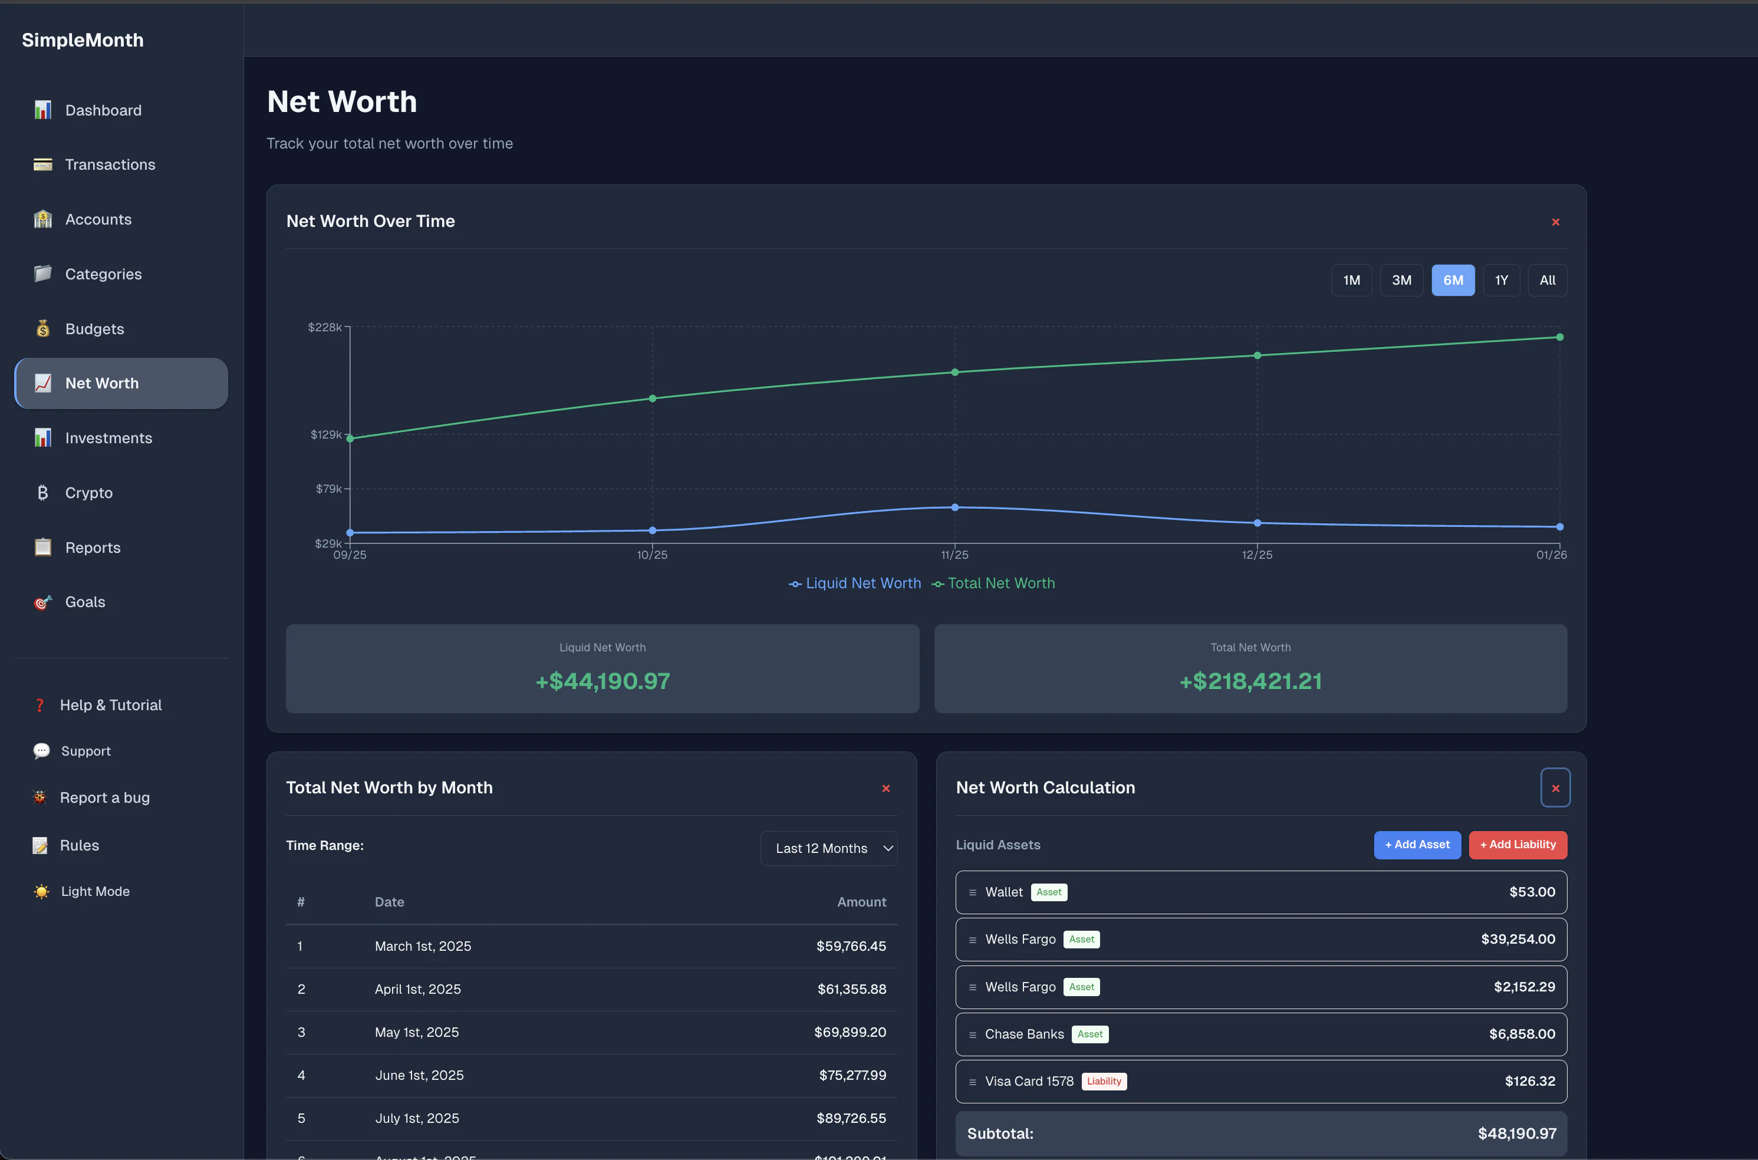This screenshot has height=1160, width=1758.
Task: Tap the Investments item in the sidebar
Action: (x=108, y=438)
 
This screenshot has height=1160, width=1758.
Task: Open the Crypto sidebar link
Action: (x=89, y=493)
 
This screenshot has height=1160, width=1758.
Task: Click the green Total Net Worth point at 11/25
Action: (x=954, y=372)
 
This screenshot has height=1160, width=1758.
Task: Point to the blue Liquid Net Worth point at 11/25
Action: (x=954, y=508)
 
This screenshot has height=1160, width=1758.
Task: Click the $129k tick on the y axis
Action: (x=326, y=434)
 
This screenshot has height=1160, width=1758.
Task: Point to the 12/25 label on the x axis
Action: (x=1256, y=555)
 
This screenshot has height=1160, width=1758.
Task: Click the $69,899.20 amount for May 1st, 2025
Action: (x=850, y=1032)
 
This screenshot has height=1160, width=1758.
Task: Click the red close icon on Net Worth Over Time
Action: (x=1555, y=222)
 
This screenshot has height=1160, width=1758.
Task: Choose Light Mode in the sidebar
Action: (x=95, y=891)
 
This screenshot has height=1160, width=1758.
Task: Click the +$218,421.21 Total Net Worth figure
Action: (x=1250, y=681)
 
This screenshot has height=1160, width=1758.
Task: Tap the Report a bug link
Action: (x=104, y=798)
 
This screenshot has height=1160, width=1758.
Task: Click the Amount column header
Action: (x=861, y=902)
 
